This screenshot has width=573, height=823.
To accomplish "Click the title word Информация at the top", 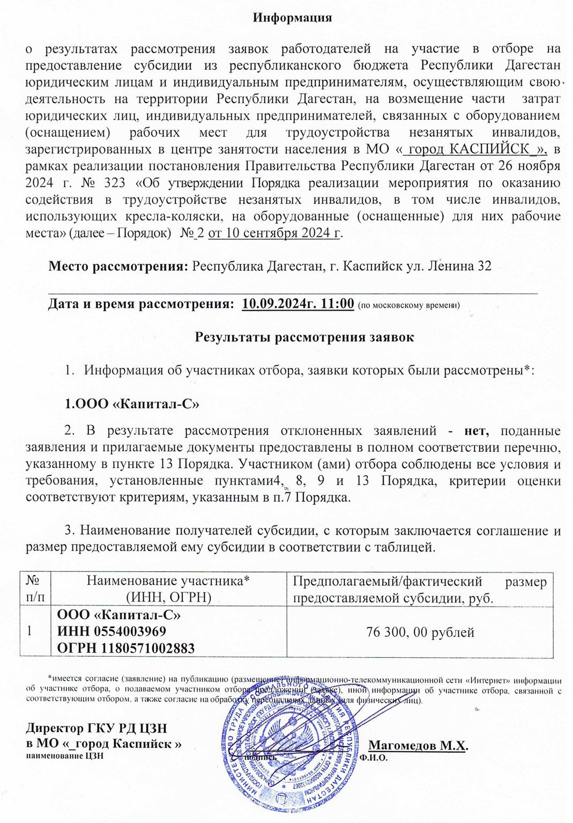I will click(x=292, y=18).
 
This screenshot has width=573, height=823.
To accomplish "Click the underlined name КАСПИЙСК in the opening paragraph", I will click(x=488, y=149).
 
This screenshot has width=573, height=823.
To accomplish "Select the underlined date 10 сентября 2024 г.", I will click(x=274, y=233).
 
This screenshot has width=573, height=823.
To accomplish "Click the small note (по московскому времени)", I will click(x=408, y=305).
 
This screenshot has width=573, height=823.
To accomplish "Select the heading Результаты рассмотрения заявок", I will click(x=304, y=337).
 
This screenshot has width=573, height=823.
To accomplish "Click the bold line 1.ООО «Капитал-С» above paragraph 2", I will click(x=132, y=404).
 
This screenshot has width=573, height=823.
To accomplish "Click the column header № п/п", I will click(x=34, y=589).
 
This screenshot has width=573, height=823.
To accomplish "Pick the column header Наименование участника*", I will click(x=168, y=581).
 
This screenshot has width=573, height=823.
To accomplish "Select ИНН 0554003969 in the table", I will click(x=111, y=631).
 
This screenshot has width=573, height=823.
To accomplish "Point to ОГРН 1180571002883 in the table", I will click(x=125, y=648).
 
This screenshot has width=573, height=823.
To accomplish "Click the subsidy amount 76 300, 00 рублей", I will click(x=420, y=633).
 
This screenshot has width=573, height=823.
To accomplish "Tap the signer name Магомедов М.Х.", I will click(x=418, y=745).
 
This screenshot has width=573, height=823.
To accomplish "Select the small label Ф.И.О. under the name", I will click(x=374, y=758).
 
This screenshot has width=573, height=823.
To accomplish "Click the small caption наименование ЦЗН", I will click(x=65, y=756).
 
